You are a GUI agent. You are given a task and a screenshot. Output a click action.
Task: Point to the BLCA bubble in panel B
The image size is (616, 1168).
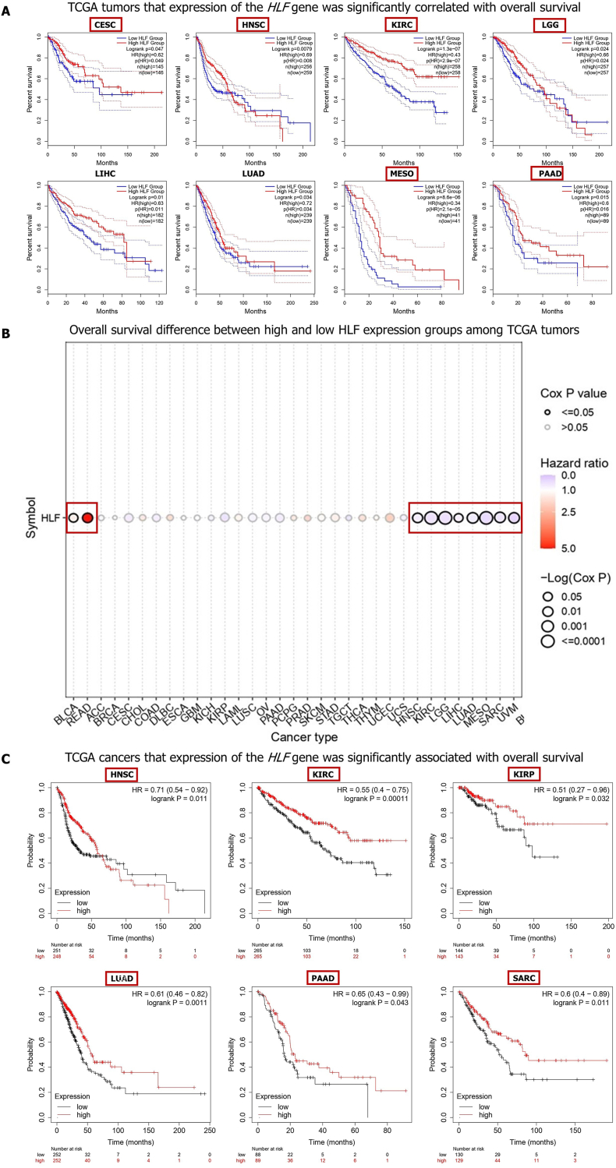(x=73, y=517)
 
